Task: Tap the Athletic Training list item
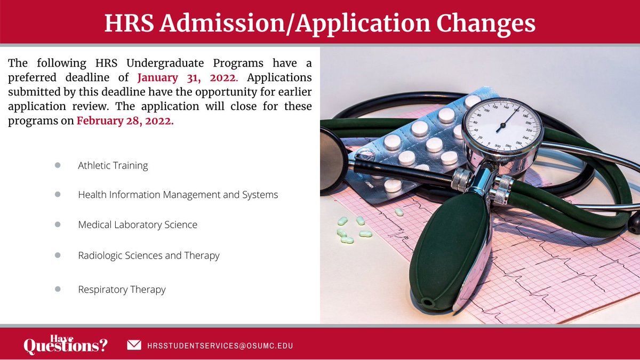click(113, 165)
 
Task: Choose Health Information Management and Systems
click(178, 195)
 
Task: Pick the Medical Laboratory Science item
click(138, 225)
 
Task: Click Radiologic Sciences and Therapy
click(148, 255)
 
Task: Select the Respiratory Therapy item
click(122, 290)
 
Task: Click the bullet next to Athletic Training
click(58, 165)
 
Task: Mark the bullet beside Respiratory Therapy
click(58, 289)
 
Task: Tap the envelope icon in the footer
click(134, 345)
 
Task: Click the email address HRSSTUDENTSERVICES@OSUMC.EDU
click(220, 346)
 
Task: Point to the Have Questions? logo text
click(65, 345)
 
